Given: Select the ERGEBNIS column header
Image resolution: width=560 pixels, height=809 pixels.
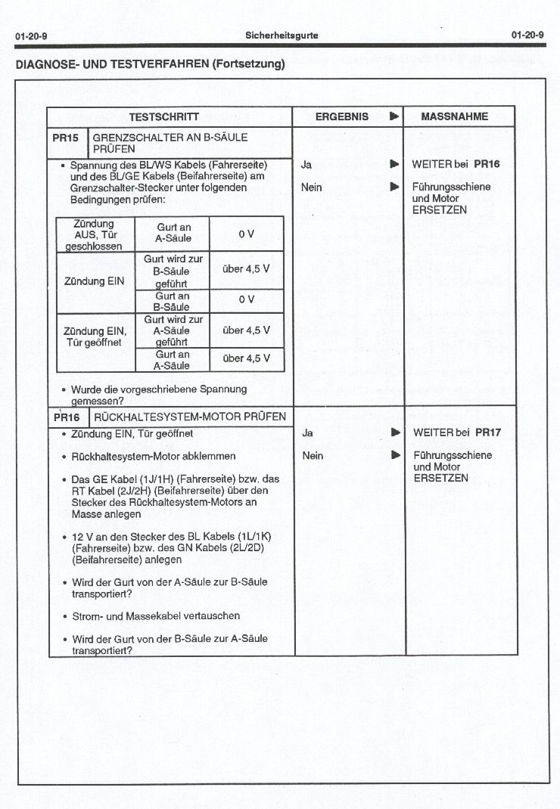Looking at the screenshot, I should tap(341, 116).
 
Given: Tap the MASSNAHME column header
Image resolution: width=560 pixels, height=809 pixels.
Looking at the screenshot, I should tap(454, 116).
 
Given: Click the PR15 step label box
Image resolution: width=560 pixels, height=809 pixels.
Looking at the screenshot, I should tap(66, 138).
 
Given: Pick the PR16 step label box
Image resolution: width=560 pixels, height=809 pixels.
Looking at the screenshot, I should tap(67, 417).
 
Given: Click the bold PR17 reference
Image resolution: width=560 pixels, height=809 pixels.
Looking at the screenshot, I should tap(487, 432).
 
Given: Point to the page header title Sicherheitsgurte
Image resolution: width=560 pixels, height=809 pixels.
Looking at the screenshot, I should tap(282, 36).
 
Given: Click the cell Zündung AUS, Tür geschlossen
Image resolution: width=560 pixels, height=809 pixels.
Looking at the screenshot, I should tap(95, 234).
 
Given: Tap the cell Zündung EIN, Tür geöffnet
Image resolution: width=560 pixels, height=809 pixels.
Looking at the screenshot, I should tap(95, 336).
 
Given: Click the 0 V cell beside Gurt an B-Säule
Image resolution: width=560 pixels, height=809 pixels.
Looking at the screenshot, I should tap(246, 300).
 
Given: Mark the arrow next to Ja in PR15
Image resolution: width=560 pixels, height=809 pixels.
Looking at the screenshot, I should tap(394, 163).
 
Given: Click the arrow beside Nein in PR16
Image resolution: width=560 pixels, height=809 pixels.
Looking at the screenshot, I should tap(394, 455).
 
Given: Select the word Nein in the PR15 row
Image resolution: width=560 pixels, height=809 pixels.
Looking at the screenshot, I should tap(311, 187).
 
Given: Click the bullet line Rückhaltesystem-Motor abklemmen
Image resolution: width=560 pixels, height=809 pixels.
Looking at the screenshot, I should tap(153, 456).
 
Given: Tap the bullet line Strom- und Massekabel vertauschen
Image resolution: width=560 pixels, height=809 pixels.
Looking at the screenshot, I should tap(155, 616).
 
